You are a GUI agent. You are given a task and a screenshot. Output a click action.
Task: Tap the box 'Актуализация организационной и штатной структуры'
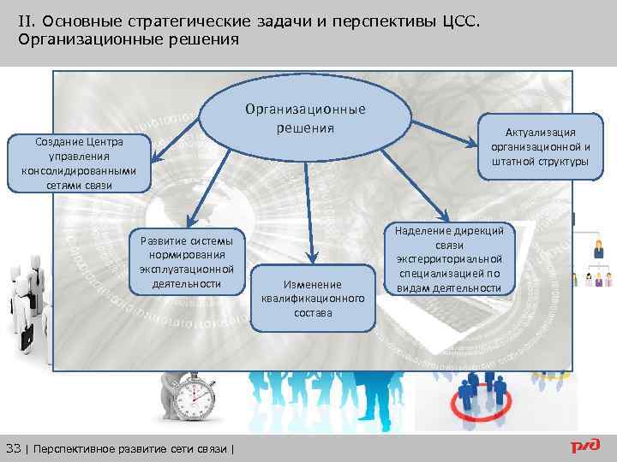point(540,146)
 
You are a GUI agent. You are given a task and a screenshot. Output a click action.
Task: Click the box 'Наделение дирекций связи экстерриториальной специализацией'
point(450,259)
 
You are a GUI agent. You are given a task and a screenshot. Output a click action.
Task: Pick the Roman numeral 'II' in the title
point(27,20)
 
